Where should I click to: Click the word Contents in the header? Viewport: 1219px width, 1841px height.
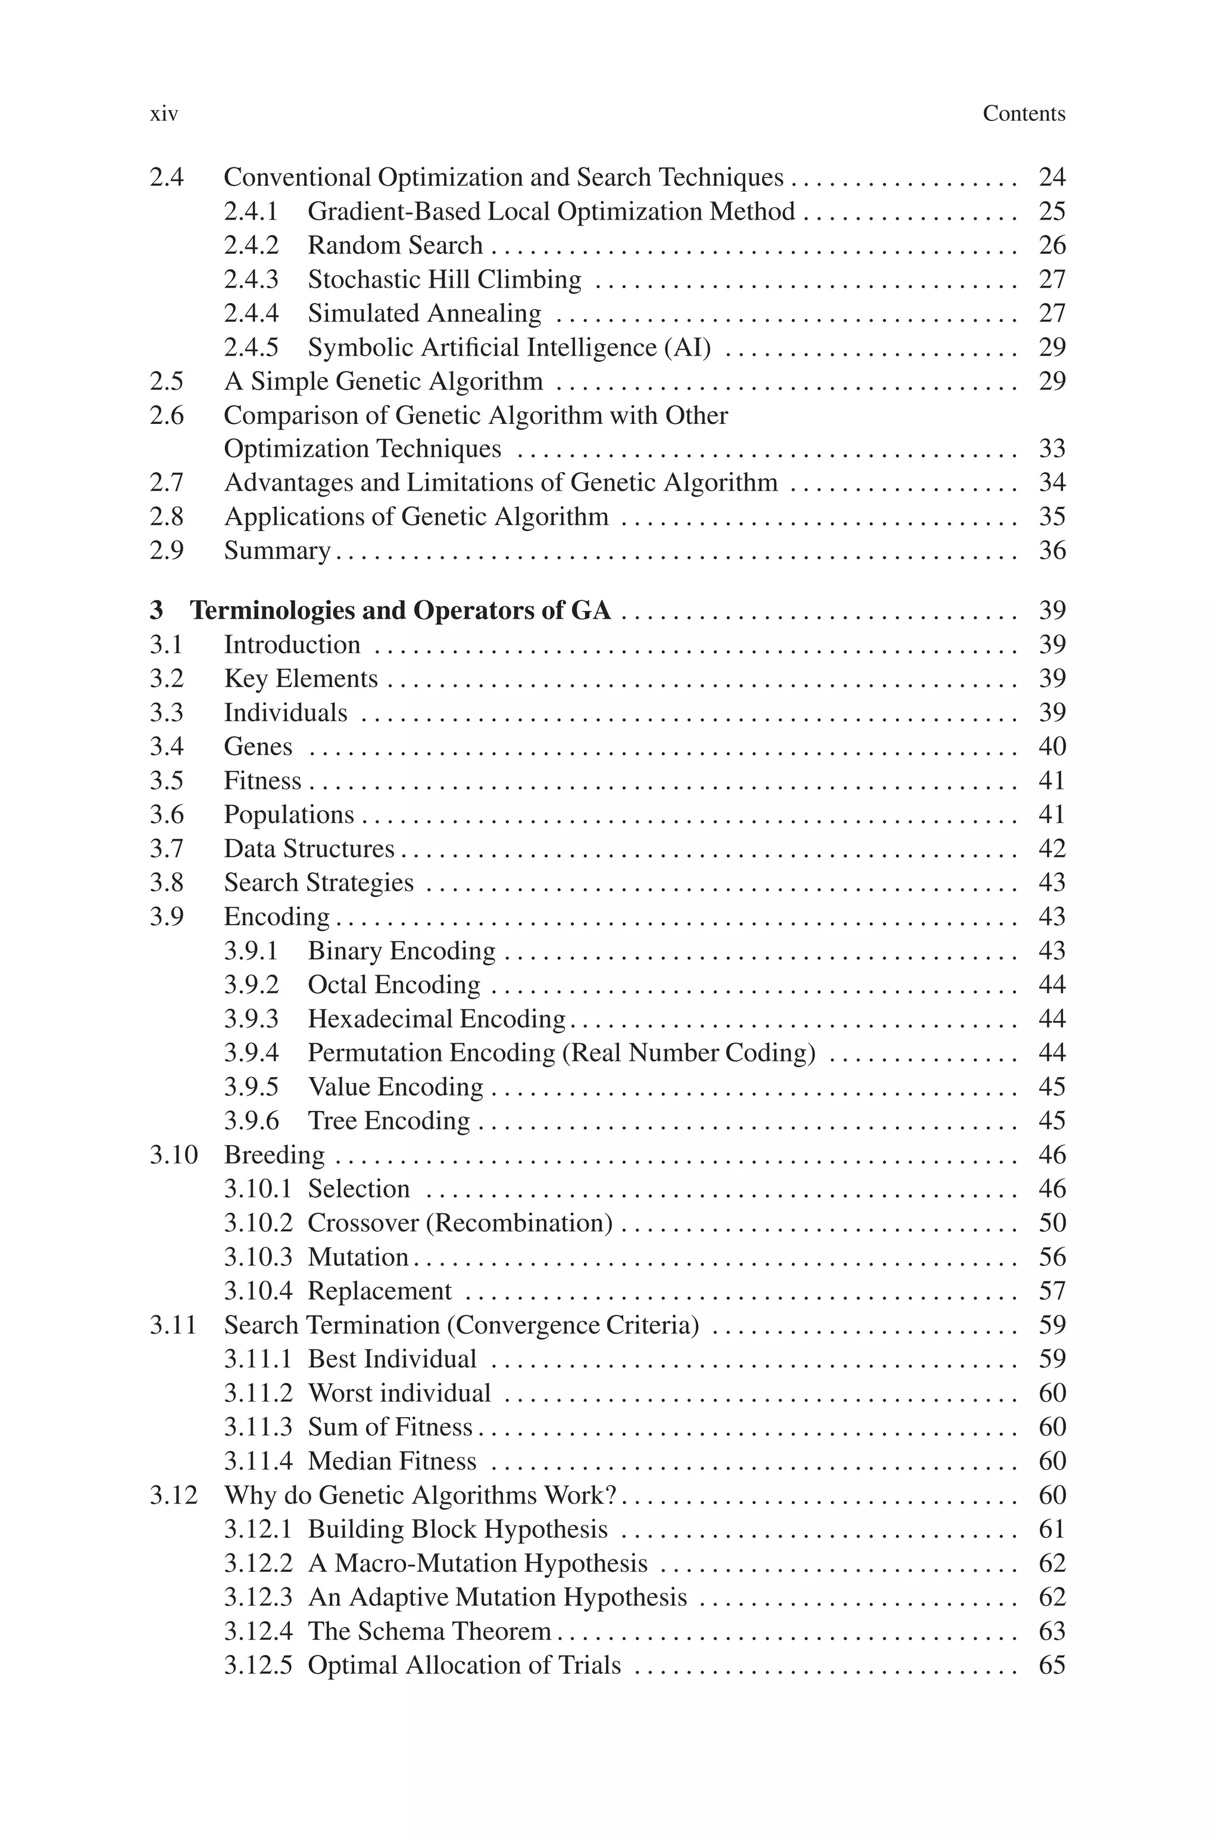click(x=1023, y=114)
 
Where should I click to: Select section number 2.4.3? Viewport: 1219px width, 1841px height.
click(x=251, y=279)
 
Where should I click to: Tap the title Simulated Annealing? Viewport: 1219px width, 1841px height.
click(x=424, y=313)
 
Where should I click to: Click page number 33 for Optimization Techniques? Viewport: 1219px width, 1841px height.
click(x=1051, y=448)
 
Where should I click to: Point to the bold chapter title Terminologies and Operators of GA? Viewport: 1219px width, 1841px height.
click(x=401, y=610)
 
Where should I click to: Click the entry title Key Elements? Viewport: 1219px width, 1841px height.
click(x=301, y=679)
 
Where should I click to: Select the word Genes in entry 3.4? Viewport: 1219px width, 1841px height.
click(x=258, y=747)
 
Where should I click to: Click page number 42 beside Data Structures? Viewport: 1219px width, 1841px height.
click(x=1051, y=848)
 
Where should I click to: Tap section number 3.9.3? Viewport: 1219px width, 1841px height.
click(x=251, y=1019)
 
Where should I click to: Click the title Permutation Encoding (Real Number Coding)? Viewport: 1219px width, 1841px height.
click(x=561, y=1053)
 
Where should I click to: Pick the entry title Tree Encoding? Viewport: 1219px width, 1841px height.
click(x=389, y=1121)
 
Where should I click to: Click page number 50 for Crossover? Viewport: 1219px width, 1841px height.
click(x=1051, y=1222)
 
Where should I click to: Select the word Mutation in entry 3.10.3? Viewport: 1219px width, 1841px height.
click(x=358, y=1257)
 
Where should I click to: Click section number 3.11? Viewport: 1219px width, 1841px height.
click(x=173, y=1325)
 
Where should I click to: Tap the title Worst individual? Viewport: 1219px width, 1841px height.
click(x=399, y=1393)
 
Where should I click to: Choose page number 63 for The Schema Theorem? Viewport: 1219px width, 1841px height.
click(x=1051, y=1630)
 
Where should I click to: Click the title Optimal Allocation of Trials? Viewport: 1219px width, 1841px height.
click(x=464, y=1665)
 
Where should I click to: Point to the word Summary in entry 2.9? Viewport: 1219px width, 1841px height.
click(x=277, y=550)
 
